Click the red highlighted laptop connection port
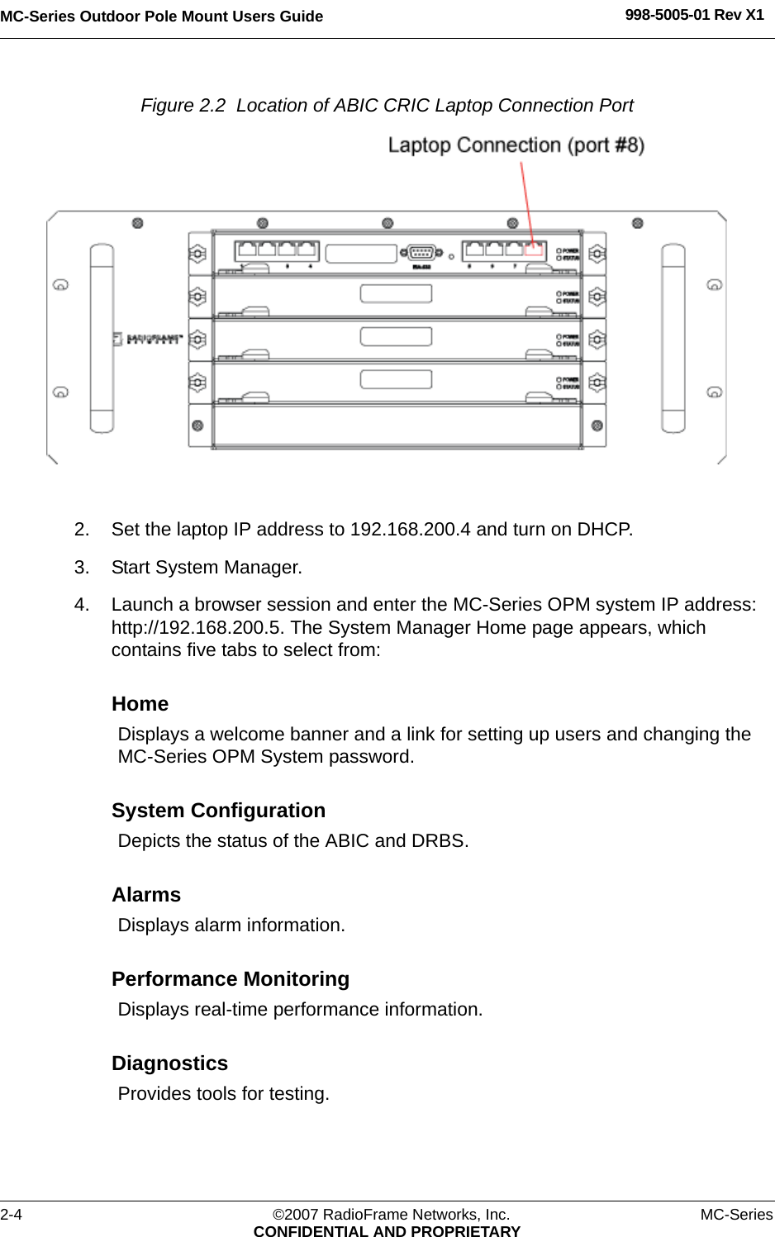534,250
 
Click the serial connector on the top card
421,253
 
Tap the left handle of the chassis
102,338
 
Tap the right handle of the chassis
673,338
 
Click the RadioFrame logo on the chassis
148,339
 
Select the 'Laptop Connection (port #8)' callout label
516,145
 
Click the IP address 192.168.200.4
411,530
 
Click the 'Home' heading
140,704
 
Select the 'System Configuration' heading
219,811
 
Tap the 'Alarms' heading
146,895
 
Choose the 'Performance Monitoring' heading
231,979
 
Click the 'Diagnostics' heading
170,1063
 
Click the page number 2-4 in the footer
12,1215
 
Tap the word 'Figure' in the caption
168,106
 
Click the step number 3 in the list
81,568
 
